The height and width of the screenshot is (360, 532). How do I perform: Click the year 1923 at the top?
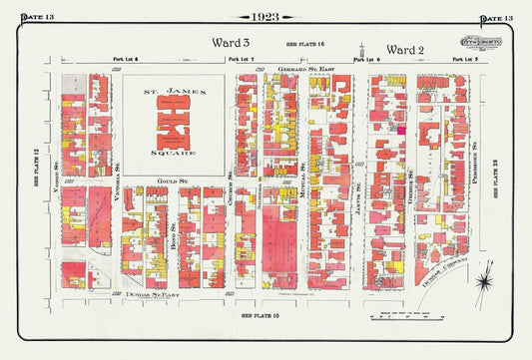click(265, 17)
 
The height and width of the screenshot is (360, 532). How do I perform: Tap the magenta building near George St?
click(401, 129)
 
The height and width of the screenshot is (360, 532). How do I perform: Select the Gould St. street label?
click(172, 180)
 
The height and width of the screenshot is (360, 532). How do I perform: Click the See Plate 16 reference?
click(306, 46)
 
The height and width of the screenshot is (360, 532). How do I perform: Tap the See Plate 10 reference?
click(263, 315)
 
